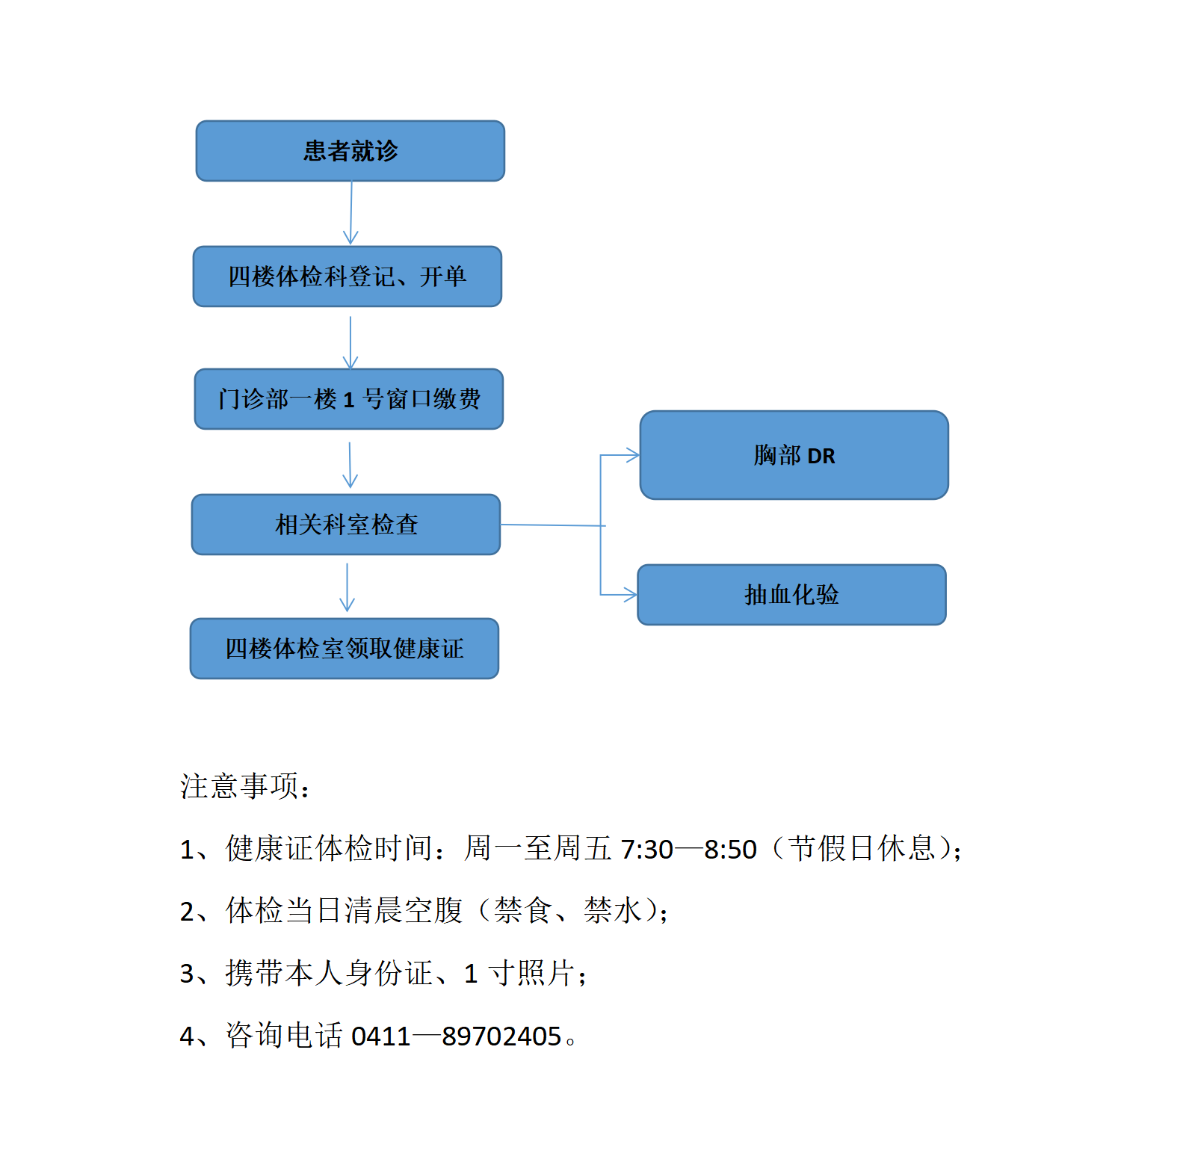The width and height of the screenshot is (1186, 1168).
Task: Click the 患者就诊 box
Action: [x=350, y=151]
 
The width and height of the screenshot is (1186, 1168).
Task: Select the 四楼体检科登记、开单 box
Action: [x=348, y=276]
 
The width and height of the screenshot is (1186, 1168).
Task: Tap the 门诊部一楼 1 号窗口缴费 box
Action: [x=349, y=399]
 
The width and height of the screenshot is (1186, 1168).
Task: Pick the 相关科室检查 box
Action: [x=346, y=525]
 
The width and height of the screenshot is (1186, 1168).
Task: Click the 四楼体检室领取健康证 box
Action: [x=345, y=649]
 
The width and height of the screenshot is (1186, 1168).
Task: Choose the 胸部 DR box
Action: [x=794, y=455]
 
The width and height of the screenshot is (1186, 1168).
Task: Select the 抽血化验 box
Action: [x=792, y=595]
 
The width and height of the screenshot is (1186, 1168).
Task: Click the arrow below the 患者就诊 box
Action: [x=351, y=213]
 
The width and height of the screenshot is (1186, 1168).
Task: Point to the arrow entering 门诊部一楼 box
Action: [x=350, y=342]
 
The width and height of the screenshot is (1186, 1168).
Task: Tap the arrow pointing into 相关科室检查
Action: [x=350, y=465]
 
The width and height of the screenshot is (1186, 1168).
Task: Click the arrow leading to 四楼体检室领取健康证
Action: [x=347, y=587]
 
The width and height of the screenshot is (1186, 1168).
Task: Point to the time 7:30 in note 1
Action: [x=647, y=850]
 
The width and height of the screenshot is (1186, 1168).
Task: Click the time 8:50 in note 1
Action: [x=731, y=850]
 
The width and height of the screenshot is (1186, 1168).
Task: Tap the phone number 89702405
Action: [x=501, y=1036]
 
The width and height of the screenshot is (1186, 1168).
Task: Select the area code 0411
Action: [x=381, y=1036]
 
